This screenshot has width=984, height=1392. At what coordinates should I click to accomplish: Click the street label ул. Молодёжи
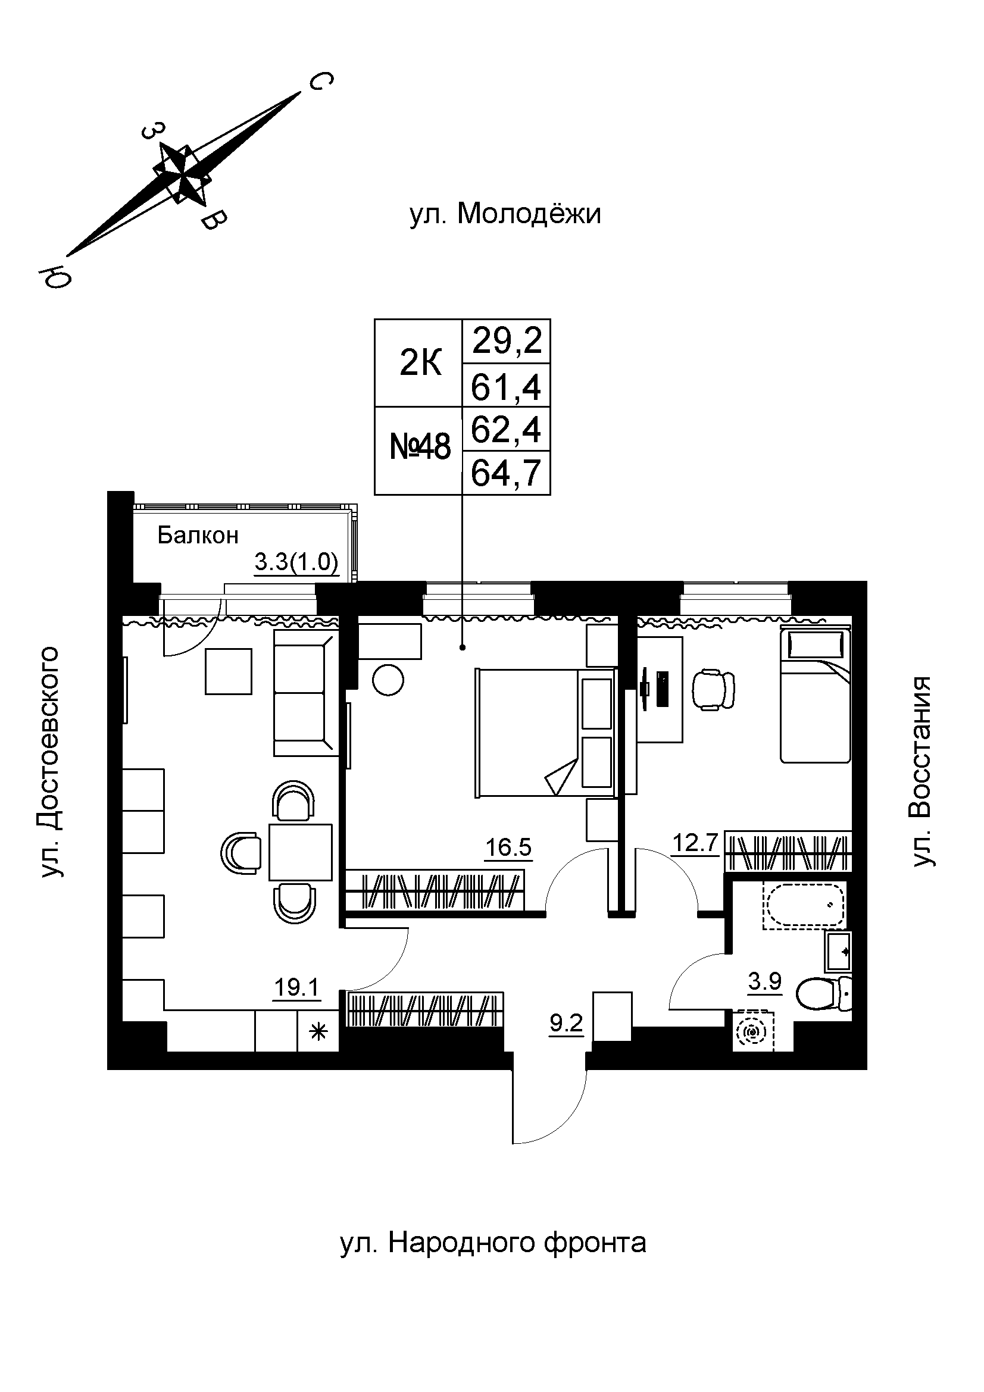click(x=505, y=214)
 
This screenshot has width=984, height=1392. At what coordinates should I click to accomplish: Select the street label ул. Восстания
click(x=924, y=771)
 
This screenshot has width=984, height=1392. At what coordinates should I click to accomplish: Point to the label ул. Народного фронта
click(x=493, y=1243)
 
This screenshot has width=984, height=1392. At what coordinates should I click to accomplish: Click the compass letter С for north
click(x=321, y=82)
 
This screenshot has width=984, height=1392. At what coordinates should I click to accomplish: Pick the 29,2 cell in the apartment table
click(x=506, y=342)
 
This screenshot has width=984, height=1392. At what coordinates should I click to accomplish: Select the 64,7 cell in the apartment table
click(x=506, y=473)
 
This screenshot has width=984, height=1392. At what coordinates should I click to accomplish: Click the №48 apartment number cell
click(x=419, y=451)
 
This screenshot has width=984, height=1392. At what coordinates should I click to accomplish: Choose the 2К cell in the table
click(x=419, y=363)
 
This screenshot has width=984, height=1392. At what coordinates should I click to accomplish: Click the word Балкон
click(x=198, y=536)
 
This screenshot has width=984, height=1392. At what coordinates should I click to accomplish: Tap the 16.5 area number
click(x=508, y=847)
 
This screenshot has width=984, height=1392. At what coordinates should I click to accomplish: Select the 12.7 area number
click(x=695, y=843)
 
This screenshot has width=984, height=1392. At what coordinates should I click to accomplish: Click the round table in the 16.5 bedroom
click(x=388, y=681)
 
